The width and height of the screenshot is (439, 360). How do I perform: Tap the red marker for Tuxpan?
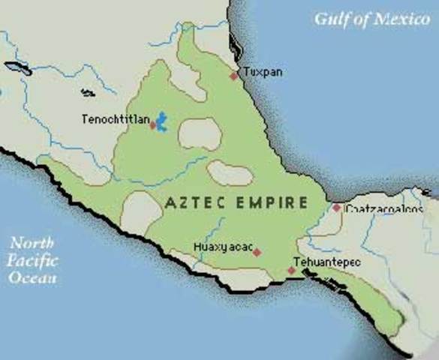[x=234, y=76]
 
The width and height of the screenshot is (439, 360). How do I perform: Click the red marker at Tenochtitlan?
[x=153, y=125]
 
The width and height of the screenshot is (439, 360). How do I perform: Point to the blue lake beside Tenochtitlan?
[x=161, y=121]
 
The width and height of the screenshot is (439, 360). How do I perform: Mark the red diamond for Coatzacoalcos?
[x=337, y=208]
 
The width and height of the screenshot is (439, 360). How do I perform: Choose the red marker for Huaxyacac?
[x=257, y=253]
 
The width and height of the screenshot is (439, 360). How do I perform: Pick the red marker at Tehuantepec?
[x=292, y=271]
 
